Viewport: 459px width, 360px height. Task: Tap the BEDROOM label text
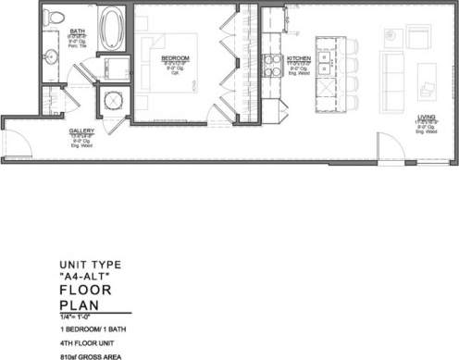175,58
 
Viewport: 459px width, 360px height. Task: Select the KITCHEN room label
298,58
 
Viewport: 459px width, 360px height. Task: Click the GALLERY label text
81,131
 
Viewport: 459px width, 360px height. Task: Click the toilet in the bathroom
55,19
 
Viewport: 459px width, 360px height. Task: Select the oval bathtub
111,27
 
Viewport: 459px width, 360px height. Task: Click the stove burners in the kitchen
273,64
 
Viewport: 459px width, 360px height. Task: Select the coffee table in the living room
428,75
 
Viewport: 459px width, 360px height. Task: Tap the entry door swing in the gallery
17,139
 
